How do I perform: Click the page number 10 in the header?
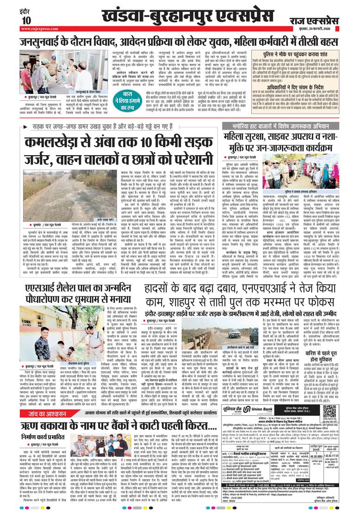25,20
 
